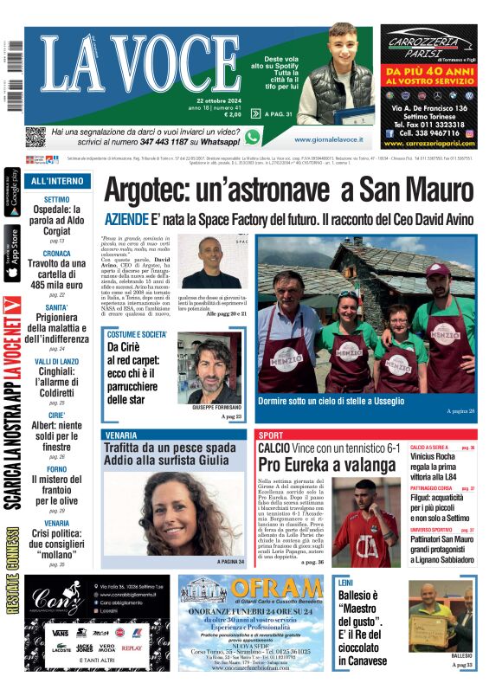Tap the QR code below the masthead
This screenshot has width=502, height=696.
35,137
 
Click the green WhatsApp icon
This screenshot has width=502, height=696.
253,137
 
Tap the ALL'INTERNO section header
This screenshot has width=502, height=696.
57,182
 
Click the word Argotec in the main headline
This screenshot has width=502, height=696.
150,190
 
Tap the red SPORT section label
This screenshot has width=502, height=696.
271,435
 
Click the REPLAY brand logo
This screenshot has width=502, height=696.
132,647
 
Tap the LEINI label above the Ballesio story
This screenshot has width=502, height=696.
346,583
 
